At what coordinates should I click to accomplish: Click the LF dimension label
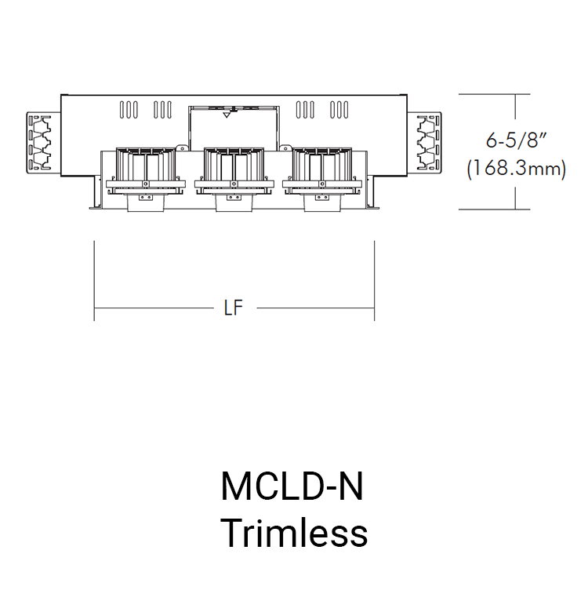click(x=233, y=308)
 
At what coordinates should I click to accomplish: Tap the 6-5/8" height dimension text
click(x=515, y=141)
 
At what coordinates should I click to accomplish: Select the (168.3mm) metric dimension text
click(x=515, y=169)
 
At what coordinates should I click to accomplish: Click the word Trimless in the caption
click(x=294, y=534)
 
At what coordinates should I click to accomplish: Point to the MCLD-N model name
click(x=294, y=487)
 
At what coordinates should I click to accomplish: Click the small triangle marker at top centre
click(x=227, y=115)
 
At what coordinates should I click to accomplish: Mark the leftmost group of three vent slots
click(x=129, y=110)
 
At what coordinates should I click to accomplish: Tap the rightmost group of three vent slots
click(x=339, y=110)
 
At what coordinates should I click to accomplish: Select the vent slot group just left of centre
click(x=162, y=110)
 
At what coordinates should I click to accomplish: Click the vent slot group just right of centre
click(x=306, y=110)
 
